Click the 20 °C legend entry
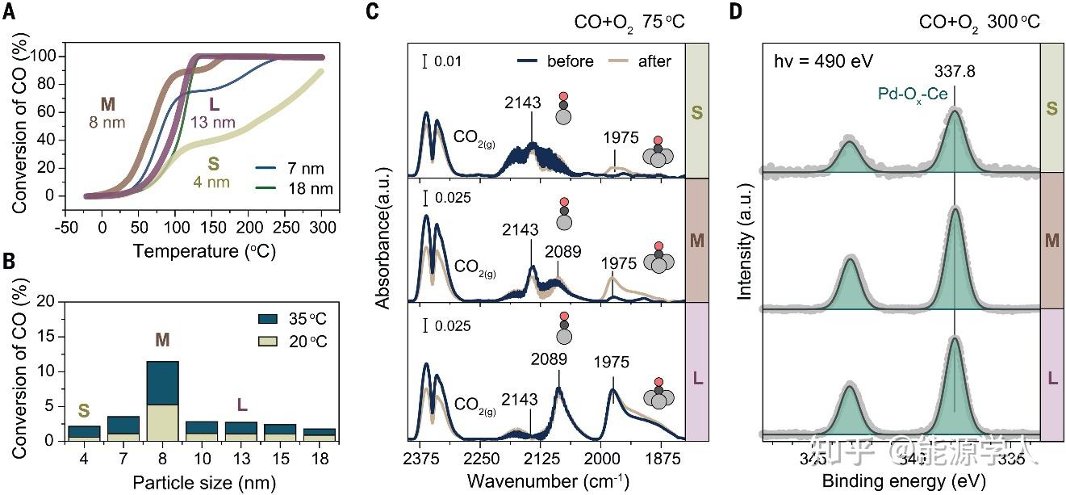[306, 340]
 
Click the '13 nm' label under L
[212, 123]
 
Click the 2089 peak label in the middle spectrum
[562, 252]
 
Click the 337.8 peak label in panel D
[955, 72]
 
